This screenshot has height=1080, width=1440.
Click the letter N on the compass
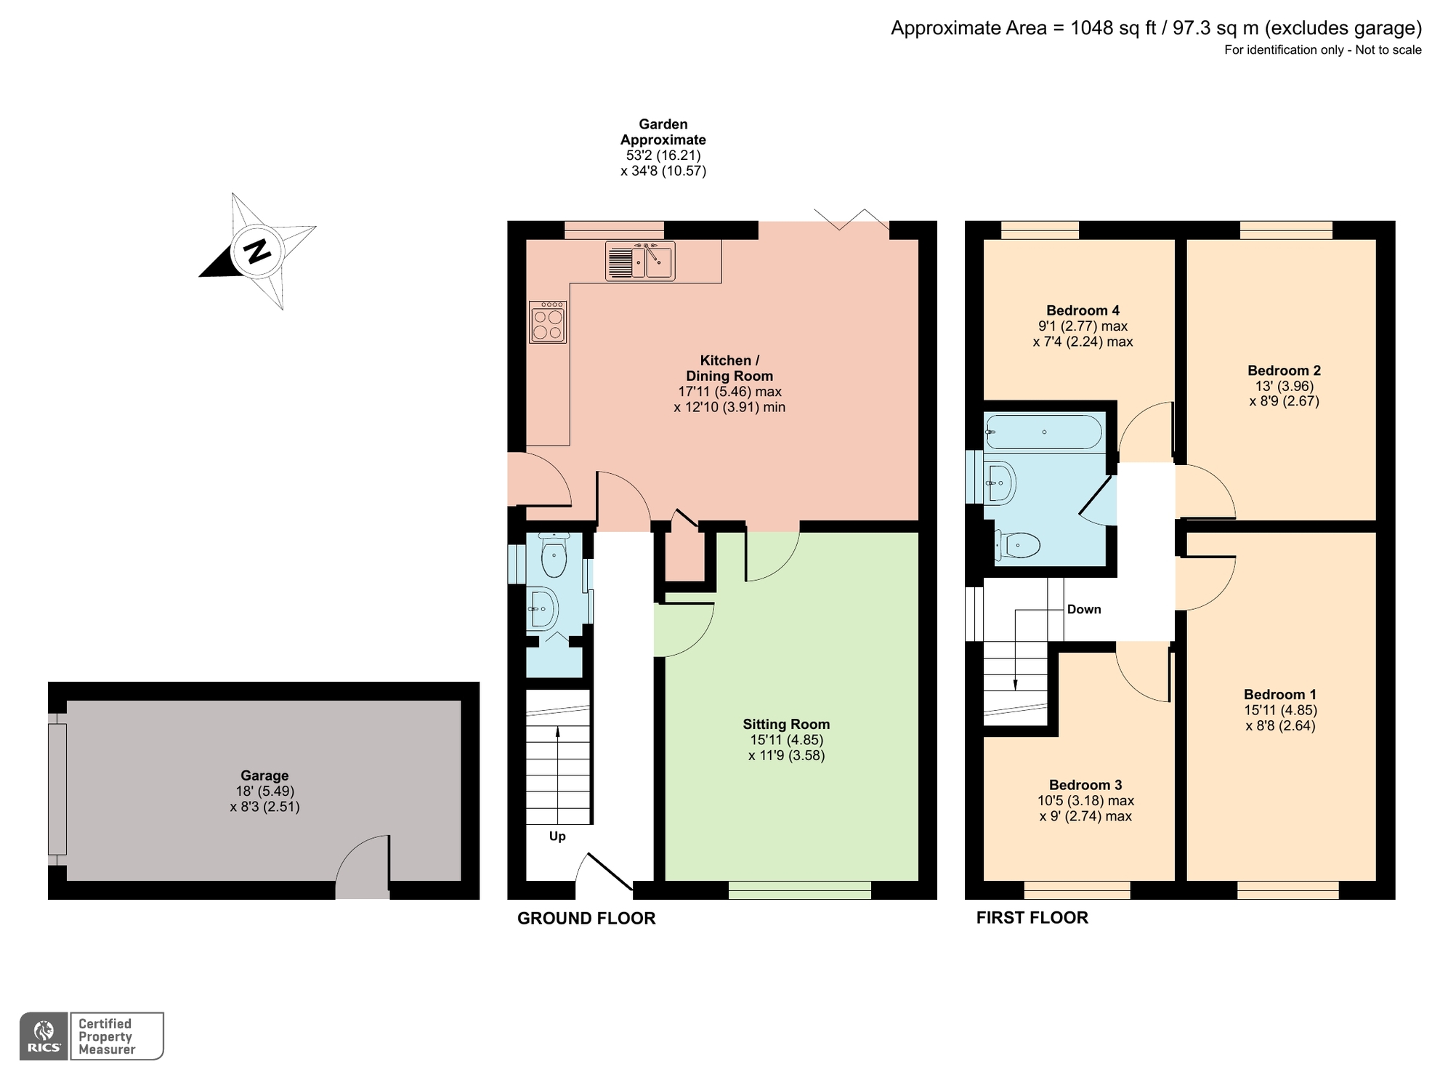[x=256, y=251]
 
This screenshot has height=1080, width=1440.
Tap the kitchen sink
[x=640, y=261]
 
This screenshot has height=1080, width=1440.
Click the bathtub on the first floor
[x=1043, y=432]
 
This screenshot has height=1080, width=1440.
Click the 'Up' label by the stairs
[x=557, y=836]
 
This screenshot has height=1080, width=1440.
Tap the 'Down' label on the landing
[x=1083, y=609]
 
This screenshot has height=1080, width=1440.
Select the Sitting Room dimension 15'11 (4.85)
[x=786, y=740]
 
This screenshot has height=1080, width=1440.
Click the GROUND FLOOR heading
[x=586, y=918]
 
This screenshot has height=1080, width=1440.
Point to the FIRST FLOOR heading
[x=1031, y=917]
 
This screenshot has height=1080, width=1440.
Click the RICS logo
[x=44, y=1036]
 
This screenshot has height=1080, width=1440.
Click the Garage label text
[x=264, y=775]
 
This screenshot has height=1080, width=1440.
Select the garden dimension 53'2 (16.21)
[x=663, y=156]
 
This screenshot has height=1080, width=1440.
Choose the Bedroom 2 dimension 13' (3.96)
[x=1284, y=386]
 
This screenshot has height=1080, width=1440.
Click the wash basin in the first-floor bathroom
[x=1001, y=482]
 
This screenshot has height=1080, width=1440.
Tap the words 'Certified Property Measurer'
[x=106, y=1036]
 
